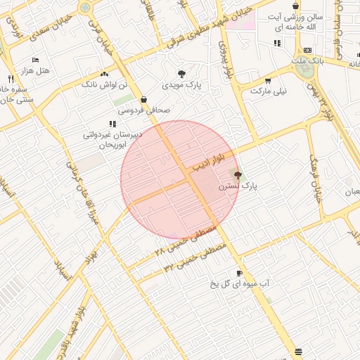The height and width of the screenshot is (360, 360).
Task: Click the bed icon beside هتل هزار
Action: (35, 60)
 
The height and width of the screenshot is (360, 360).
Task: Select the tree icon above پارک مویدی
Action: (182, 74)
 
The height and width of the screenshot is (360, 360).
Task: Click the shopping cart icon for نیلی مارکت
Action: (267, 81)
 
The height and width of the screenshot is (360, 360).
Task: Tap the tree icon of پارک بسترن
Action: (238, 175)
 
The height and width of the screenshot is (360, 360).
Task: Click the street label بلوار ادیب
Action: (211, 165)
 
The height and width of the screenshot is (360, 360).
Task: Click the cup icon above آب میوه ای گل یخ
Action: (240, 273)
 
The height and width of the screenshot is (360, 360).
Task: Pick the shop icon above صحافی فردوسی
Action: (144, 100)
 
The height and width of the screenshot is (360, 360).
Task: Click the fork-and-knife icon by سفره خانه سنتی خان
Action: (11, 79)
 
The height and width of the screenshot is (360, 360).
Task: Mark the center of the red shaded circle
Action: (180, 180)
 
